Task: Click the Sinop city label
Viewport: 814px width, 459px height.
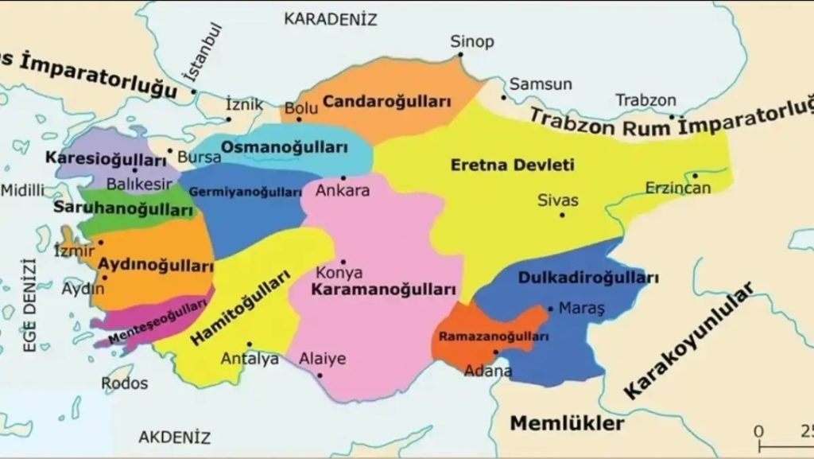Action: coord(472,41)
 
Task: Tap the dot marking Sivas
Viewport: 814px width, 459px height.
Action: coord(563,214)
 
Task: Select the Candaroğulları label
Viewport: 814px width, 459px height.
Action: coord(387,102)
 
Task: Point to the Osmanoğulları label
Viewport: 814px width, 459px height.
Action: coord(285,147)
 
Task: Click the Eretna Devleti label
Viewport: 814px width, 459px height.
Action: coord(512,165)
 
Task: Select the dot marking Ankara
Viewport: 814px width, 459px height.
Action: coord(343,177)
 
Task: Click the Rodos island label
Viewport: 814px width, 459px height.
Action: coord(125,383)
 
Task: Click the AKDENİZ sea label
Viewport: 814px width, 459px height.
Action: coord(175,437)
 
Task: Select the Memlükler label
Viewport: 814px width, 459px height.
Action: coord(567,422)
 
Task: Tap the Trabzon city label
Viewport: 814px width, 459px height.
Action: coord(646,101)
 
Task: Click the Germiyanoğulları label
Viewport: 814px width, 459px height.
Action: coord(245,192)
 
